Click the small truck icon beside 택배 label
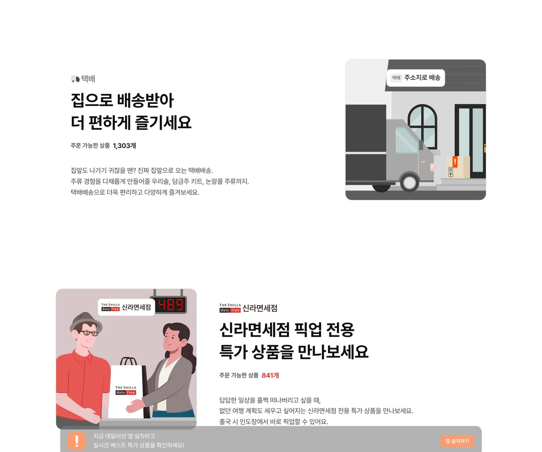tap(75, 79)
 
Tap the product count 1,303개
tap(124, 146)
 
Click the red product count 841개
tap(270, 375)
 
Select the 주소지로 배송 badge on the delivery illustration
tap(416, 78)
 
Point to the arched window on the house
tap(422, 127)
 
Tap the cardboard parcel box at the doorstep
tap(458, 167)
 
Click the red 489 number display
tap(171, 305)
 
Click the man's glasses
tap(88, 333)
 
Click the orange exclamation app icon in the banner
tap(77, 441)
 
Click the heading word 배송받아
tap(145, 100)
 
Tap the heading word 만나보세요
tap(333, 352)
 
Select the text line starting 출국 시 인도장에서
tap(274, 422)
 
